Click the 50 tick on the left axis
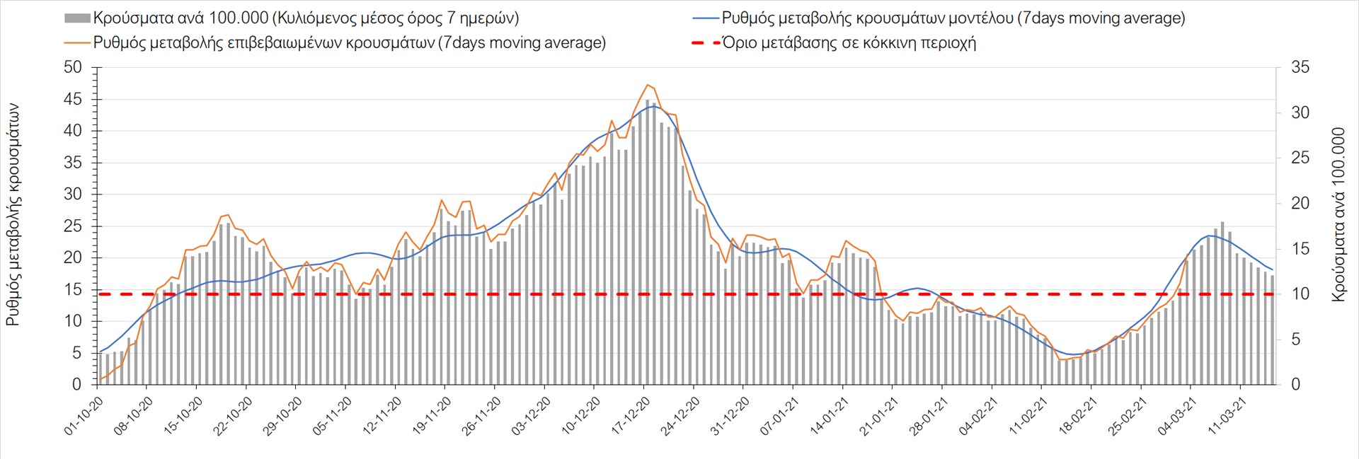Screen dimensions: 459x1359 coord(73,68)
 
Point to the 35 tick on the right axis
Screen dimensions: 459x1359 coord(1300,68)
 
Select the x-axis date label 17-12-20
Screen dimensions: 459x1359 coord(630,416)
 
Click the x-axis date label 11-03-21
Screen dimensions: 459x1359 coord(1227,416)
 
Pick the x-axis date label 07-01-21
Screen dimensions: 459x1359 coord(779,416)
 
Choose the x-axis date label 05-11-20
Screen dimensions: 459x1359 coord(332,416)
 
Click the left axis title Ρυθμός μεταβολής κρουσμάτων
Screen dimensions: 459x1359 coord(13,215)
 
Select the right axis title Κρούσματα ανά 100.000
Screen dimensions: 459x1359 coord(1338,215)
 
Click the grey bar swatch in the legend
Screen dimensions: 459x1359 coord(77,18)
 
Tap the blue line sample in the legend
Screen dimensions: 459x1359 coord(705,18)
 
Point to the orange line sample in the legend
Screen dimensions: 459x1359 coord(77,43)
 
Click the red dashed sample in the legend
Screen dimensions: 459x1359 coord(705,43)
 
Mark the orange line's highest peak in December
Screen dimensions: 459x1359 coord(647,85)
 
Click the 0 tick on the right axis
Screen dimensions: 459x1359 coord(1295,385)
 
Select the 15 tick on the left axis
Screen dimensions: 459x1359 coord(73,290)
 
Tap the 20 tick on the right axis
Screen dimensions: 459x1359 coord(1300,204)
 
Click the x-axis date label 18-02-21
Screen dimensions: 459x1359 coord(1077,416)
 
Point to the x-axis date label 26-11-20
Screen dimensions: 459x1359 coord(481,416)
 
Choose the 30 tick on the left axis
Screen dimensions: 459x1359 coord(73,194)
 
